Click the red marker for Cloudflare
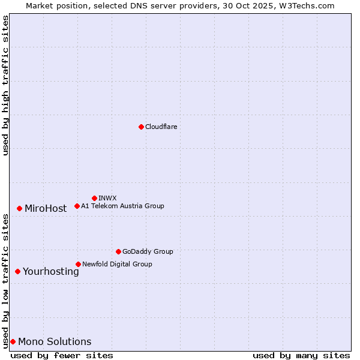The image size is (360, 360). [x=141, y=127]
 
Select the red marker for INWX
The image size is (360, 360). [x=94, y=198]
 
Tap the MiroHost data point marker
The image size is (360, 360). [x=19, y=208]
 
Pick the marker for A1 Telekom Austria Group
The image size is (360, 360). [x=77, y=206]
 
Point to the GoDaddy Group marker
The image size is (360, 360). [x=118, y=251]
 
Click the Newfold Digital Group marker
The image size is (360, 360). [x=78, y=264]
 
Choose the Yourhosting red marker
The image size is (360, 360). [x=17, y=271]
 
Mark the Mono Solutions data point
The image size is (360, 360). [x=13, y=341]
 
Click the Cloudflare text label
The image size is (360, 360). [x=161, y=127]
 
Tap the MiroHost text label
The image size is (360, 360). [x=46, y=209]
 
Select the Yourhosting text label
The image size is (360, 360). [x=51, y=272]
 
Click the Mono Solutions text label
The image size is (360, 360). [x=55, y=342]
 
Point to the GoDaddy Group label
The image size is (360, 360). [x=148, y=251]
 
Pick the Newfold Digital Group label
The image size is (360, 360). [x=117, y=264]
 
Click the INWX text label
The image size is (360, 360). [x=107, y=198]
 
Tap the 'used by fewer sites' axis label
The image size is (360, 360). [x=62, y=355]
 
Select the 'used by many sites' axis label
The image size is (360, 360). [x=301, y=355]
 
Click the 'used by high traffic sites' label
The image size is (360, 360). [x=6, y=85]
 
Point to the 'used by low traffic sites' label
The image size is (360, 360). [x=6, y=281]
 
